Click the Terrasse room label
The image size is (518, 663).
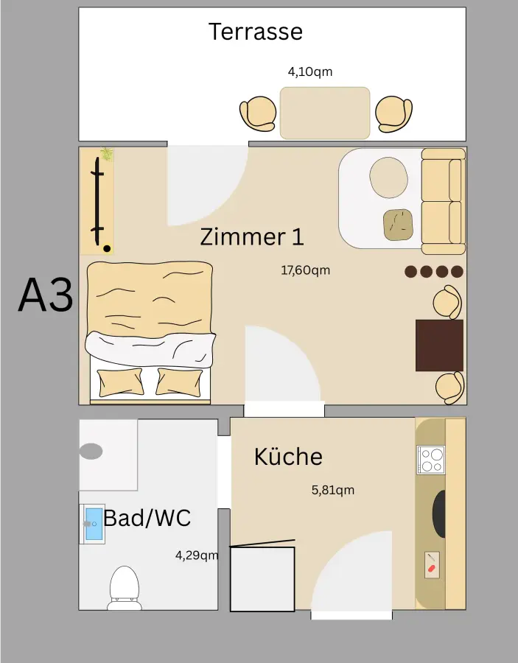(255, 32)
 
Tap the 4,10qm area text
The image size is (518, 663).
(309, 72)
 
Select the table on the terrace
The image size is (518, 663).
(324, 113)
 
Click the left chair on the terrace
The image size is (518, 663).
(257, 114)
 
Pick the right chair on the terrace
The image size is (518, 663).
(393, 113)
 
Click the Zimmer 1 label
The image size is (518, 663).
(251, 237)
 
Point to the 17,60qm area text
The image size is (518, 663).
(305, 270)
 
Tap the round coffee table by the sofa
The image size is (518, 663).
(388, 178)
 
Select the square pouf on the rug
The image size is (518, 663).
(399, 225)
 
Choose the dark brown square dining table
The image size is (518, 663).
(439, 345)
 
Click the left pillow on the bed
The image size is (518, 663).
(121, 382)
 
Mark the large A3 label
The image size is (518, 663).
(46, 295)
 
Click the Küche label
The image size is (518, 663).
(288, 457)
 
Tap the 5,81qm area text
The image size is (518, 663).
(333, 490)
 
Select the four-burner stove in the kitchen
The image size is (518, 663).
(430, 460)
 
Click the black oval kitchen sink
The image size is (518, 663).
(438, 513)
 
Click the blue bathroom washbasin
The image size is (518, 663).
(94, 524)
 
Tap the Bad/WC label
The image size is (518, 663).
(147, 518)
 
